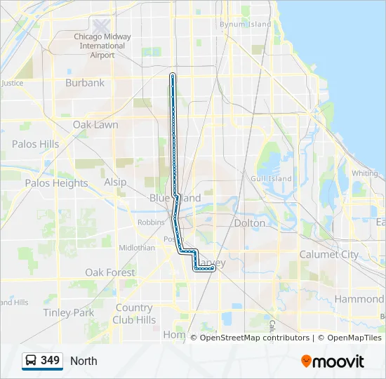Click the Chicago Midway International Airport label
(102, 46)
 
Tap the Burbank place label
(85, 83)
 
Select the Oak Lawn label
(95, 125)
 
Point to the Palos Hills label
(35, 144)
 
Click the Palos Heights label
(57, 183)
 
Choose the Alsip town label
(115, 182)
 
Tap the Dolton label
(249, 223)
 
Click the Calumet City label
(329, 255)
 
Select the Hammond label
(359, 299)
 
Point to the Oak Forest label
(109, 272)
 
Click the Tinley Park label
(68, 312)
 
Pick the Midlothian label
(137, 248)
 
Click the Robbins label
(152, 222)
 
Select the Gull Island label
(270, 179)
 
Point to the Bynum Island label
(245, 25)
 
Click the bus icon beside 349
(32, 361)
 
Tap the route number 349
(51, 361)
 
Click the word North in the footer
(84, 361)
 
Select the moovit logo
(333, 361)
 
